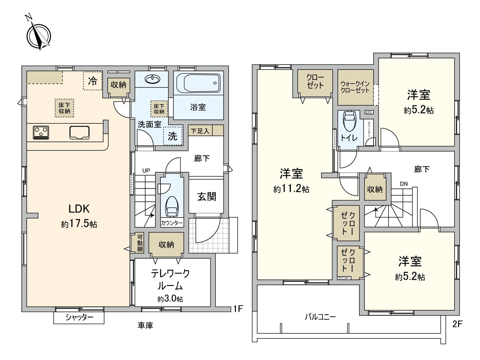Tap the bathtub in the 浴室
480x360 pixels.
point(198,83)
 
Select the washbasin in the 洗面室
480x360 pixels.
point(152,79)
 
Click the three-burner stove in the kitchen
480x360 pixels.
point(41,133)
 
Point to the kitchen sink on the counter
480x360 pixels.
point(79,132)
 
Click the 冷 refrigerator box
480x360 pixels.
point(93,80)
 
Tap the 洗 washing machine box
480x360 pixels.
point(172,136)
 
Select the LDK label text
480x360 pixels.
point(79,209)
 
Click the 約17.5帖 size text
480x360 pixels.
point(79,224)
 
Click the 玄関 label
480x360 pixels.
point(206,197)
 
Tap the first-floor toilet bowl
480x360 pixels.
point(172,206)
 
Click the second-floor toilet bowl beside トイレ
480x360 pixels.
point(349,121)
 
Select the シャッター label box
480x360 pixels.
point(79,318)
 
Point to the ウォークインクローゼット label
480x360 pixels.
point(355,87)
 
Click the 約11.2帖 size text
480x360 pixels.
point(291,189)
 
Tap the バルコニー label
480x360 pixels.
point(320,317)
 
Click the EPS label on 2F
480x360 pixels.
point(369,112)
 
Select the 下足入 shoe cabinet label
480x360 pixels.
point(200,131)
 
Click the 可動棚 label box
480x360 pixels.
point(139,243)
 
